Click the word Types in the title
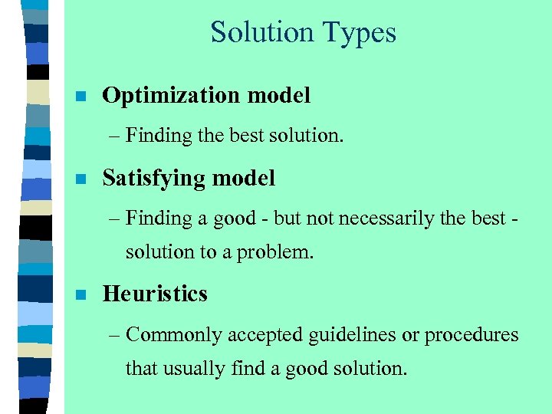point(360,33)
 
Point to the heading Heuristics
point(155,294)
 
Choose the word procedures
point(472,335)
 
